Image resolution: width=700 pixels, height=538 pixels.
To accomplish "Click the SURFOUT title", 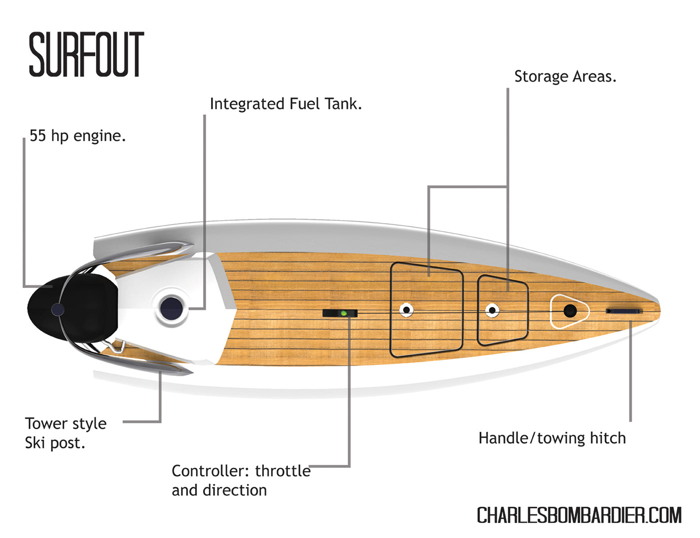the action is coord(86,55).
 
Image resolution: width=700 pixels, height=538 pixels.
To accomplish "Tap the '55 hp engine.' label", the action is coord(77,136).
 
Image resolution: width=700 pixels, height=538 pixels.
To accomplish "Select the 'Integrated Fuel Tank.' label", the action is coord(285,104).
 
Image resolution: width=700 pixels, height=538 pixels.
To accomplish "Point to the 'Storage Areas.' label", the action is coord(565,77).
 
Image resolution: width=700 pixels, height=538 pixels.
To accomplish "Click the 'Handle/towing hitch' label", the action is coord(552,438).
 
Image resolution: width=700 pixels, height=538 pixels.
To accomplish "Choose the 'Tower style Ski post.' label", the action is coord(65,433).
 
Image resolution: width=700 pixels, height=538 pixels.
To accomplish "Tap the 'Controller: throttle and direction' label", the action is coord(240,480).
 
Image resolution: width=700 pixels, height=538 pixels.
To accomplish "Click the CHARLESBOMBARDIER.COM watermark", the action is coord(579,515).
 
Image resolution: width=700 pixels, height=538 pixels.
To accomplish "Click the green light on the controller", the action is coord(343,313).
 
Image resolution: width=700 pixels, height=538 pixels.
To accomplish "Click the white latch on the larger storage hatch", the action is coord(406,310).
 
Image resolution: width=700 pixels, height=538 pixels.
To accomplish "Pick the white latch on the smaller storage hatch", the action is coord(492,310).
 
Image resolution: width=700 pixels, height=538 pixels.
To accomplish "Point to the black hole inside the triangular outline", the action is coord(569,311).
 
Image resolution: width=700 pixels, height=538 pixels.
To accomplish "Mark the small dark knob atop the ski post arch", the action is coord(58,310).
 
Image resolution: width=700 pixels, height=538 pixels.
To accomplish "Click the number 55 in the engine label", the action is coord(37,136).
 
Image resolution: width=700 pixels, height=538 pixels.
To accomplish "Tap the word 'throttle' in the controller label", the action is coord(282,471).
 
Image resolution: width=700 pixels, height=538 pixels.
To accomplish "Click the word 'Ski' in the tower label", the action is coord(35,443).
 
